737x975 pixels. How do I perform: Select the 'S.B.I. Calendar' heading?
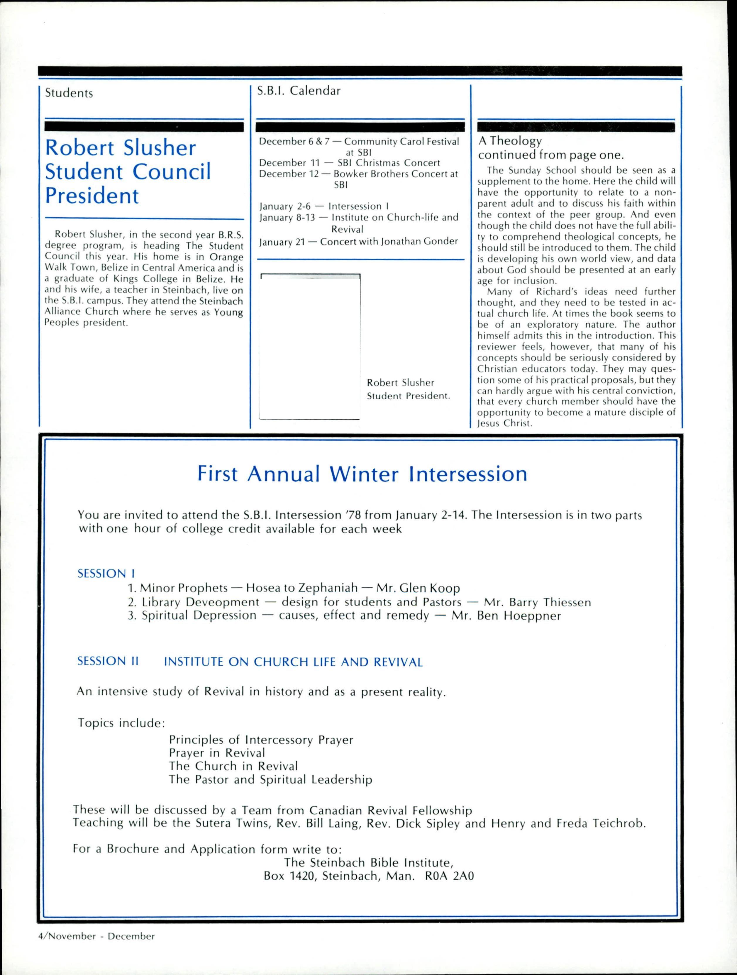(299, 91)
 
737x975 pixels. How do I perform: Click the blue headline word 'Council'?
(172, 172)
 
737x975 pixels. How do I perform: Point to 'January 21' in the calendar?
(282, 242)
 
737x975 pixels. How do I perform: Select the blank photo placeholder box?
(310, 346)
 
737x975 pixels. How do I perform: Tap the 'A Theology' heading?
(510, 141)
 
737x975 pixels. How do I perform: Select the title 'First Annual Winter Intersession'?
(362, 474)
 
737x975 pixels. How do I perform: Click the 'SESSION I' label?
(106, 574)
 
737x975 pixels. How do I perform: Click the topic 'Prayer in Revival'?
(217, 753)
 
